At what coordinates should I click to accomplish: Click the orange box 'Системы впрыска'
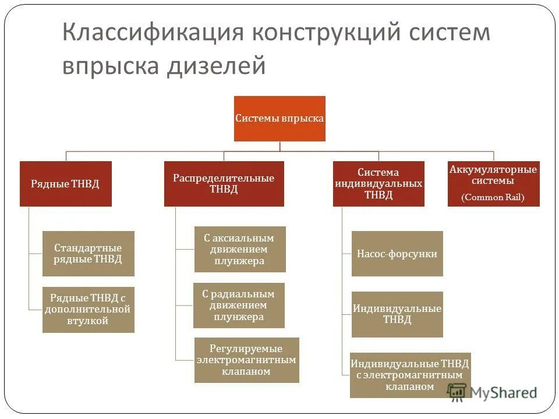pos(279,118)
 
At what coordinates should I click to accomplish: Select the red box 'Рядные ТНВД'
pos(65,184)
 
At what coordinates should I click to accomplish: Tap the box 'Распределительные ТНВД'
pos(224,184)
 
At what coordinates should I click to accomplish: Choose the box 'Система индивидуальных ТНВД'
pos(378,184)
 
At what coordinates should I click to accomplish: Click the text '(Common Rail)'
pos(493,198)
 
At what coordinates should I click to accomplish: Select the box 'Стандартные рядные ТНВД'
pos(88,254)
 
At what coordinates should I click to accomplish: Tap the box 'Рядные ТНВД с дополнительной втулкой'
pos(88,310)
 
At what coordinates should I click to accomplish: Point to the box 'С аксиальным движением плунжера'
pos(239,249)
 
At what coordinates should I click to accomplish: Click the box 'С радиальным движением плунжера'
pos(239,306)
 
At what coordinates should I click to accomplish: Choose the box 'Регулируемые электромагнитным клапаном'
pos(246,360)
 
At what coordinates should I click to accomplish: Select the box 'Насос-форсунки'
pos(397,254)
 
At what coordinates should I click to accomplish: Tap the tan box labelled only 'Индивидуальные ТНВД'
pos(397,314)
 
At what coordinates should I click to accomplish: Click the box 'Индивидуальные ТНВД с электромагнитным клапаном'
pos(410,375)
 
